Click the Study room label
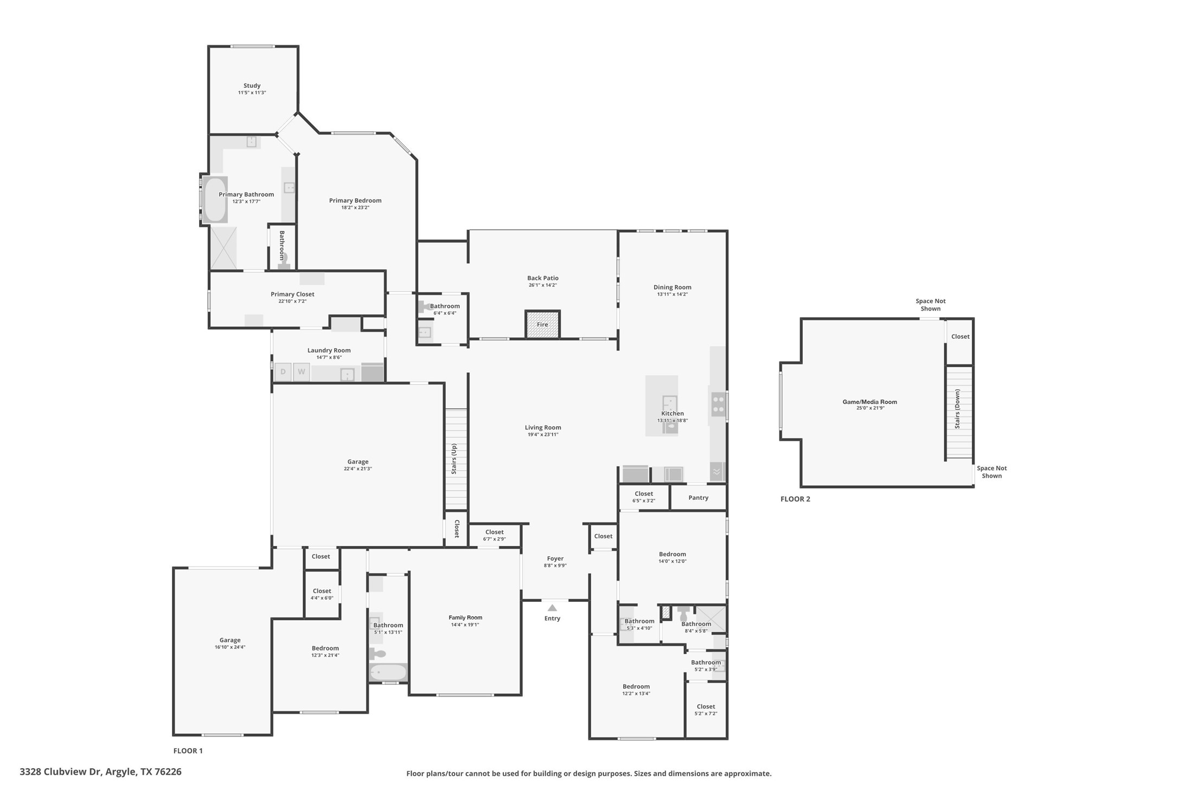[252, 86]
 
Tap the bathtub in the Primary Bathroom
[215, 199]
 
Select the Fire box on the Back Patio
[542, 324]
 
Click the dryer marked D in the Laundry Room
[283, 372]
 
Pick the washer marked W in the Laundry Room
[302, 372]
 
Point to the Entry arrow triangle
[552, 608]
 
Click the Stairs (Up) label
[454, 459]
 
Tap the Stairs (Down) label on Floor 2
[957, 409]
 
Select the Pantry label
[699, 498]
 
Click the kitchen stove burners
[718, 404]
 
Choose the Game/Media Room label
[869, 402]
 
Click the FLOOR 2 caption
[795, 499]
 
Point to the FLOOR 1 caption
[188, 751]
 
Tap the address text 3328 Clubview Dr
[61, 771]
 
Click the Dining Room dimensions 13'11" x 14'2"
[672, 294]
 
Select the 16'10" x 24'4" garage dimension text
[230, 647]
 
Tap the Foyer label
[555, 558]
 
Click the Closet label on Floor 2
[960, 337]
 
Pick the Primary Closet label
[292, 294]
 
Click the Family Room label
[465, 617]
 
